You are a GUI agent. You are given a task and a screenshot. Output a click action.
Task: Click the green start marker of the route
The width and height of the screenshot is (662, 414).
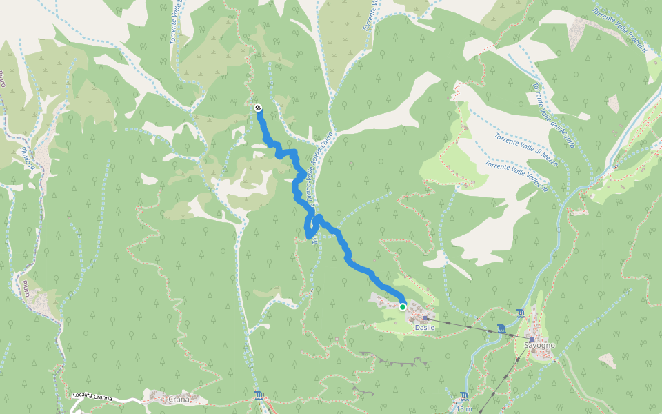[x=403, y=306]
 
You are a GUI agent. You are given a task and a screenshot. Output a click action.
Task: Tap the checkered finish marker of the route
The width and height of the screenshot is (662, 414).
[x=257, y=108]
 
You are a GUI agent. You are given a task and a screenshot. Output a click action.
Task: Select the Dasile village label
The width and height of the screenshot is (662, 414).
[x=425, y=328]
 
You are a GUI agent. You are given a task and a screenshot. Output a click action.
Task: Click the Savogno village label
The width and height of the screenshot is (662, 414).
[x=539, y=344]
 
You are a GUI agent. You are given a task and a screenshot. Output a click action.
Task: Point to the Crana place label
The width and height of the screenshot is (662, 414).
[x=178, y=399]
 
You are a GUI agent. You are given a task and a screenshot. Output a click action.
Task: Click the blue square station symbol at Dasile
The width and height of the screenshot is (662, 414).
[x=425, y=318]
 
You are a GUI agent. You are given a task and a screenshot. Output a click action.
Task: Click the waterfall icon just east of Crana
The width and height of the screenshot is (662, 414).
[x=258, y=396]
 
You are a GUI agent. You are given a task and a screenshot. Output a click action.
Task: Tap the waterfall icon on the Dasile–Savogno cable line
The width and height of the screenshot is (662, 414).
[x=501, y=329]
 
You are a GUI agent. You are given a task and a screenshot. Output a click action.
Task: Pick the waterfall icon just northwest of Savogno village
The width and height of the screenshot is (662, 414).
[x=521, y=313]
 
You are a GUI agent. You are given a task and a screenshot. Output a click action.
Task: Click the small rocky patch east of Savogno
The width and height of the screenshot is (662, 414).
[x=608, y=360]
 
